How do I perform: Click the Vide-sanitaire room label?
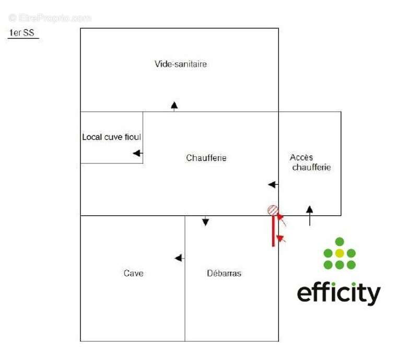click(180, 64)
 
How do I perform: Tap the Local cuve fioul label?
click(111, 137)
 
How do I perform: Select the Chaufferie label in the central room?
click(206, 158)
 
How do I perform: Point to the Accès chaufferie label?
click(311, 162)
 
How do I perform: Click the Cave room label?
click(133, 273)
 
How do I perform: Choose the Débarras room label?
click(224, 273)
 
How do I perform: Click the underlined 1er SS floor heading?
click(21, 33)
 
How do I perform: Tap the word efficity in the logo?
click(338, 293)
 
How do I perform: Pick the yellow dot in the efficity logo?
click(340, 253)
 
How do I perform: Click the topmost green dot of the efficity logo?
click(340, 241)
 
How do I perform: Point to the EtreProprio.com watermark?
click(50, 18)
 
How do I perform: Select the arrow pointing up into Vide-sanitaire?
click(174, 106)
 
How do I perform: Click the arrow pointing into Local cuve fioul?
click(137, 153)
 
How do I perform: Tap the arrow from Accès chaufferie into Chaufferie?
click(273, 184)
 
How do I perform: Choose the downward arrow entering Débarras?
click(205, 221)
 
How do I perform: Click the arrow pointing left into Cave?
click(179, 258)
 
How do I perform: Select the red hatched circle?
click(273, 210)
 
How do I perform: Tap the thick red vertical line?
click(273, 230)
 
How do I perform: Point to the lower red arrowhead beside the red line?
click(281, 239)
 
